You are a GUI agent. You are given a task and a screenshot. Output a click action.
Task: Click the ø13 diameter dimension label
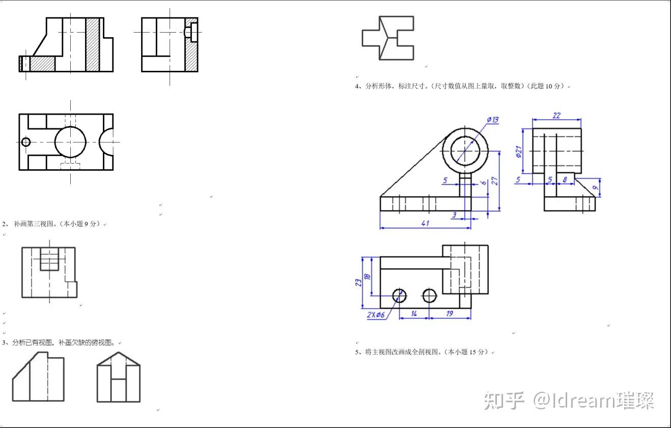(492, 120)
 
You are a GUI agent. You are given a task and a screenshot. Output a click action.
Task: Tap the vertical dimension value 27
(493, 181)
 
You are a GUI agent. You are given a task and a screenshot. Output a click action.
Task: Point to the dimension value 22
(556, 116)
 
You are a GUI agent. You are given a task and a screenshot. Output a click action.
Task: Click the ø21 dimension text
(519, 152)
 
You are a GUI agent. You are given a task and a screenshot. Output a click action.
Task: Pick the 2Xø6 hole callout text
(376, 314)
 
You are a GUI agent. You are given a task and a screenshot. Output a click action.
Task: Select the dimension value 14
(414, 314)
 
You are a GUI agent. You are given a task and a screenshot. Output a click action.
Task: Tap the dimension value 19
(450, 314)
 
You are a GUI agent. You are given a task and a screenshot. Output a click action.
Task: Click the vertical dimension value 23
(358, 282)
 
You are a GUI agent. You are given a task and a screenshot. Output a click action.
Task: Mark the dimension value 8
(565, 179)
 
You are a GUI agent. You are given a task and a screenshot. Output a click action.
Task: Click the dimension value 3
(454, 215)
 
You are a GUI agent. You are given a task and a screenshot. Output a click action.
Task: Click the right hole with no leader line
(430, 296)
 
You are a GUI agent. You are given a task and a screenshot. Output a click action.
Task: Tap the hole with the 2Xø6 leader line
(399, 296)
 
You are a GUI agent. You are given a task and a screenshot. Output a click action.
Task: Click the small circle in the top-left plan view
(25, 142)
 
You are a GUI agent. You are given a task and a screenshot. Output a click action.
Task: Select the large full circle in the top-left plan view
(70, 142)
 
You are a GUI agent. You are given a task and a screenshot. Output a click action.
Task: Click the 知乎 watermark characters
(504, 400)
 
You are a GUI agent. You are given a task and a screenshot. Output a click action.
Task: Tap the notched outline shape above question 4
(387, 38)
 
